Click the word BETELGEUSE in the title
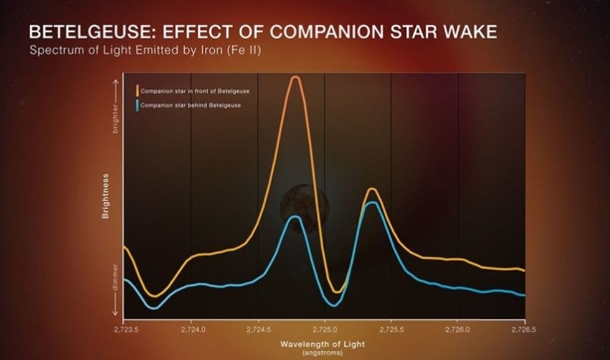(95, 32)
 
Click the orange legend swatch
(137, 92)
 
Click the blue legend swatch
(137, 105)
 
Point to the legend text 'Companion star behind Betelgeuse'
(190, 105)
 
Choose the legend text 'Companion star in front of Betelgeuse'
(195, 92)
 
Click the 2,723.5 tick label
(126, 326)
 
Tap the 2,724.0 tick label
(192, 326)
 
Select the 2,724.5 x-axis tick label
(258, 326)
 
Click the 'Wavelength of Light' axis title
(322, 344)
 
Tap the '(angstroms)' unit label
(322, 353)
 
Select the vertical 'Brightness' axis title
(106, 195)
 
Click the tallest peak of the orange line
(296, 77)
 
